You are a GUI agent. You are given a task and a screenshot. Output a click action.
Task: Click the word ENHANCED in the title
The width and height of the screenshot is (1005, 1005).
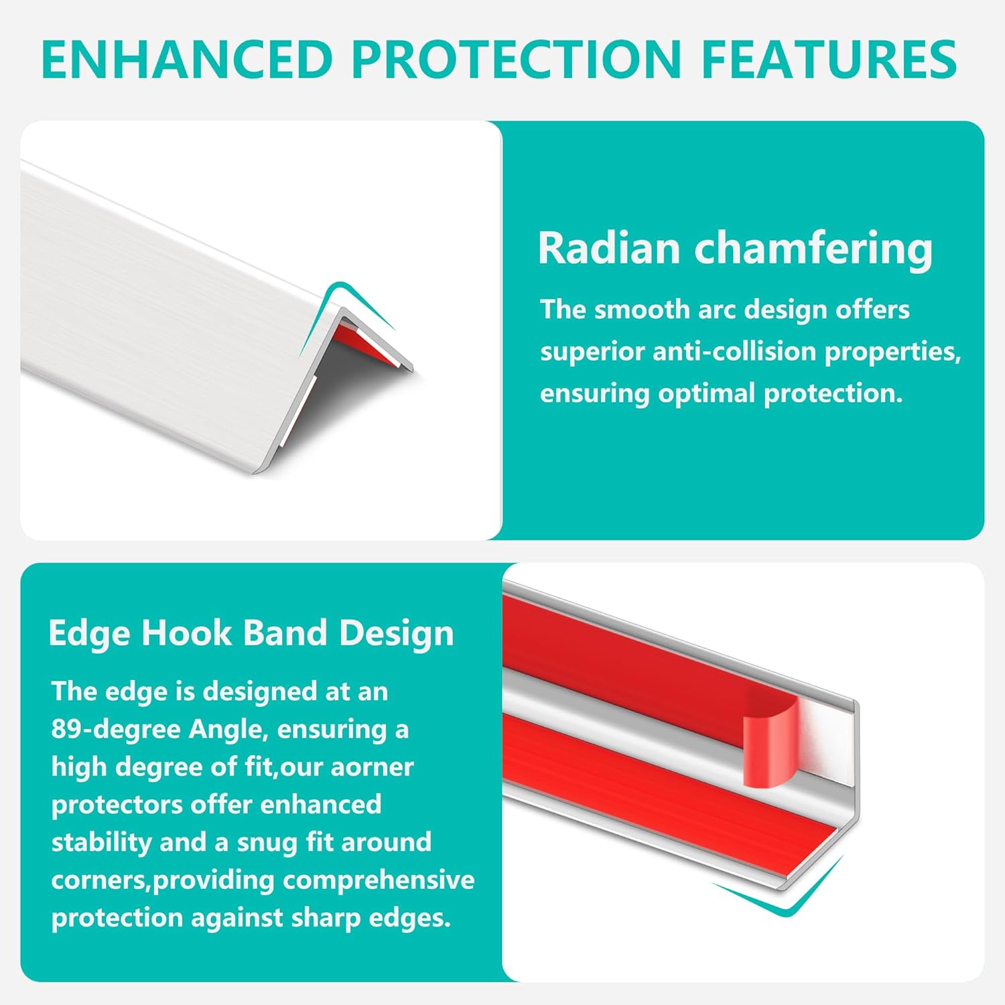tap(187, 59)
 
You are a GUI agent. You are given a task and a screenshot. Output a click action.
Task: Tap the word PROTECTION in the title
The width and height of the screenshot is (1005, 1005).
tap(517, 59)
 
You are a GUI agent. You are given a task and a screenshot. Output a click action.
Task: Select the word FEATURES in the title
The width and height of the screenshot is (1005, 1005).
tap(829, 59)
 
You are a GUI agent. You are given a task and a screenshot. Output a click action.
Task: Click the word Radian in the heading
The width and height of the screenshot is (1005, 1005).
tap(609, 248)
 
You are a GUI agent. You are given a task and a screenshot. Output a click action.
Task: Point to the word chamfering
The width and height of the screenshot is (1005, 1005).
tap(813, 249)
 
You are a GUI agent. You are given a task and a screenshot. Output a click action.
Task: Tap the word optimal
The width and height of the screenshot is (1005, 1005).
tap(706, 394)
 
